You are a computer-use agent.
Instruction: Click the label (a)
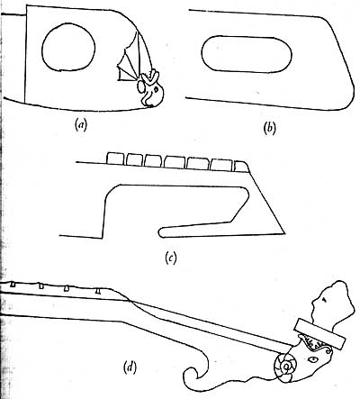coord(81,124)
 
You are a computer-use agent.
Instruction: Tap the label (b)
coord(269,128)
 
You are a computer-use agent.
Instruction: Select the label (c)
coord(171,258)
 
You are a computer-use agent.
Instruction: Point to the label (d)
coord(130,367)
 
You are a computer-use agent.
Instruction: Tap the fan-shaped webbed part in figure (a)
coord(130,60)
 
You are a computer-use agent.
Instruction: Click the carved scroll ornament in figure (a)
coord(152,89)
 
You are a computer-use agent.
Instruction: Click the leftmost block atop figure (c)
coord(115,159)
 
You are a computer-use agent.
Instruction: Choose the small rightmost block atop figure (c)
coord(241,166)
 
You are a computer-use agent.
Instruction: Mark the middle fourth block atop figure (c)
coord(175,161)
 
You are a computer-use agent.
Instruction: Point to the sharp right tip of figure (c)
coord(284,233)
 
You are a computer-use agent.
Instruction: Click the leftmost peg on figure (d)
coord(13,284)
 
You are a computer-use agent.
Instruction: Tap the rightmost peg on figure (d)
coord(98,291)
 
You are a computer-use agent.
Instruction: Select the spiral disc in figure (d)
coord(285,367)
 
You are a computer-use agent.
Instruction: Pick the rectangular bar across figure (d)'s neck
coord(320,334)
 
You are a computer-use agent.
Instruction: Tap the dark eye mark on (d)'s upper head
coord(324,299)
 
